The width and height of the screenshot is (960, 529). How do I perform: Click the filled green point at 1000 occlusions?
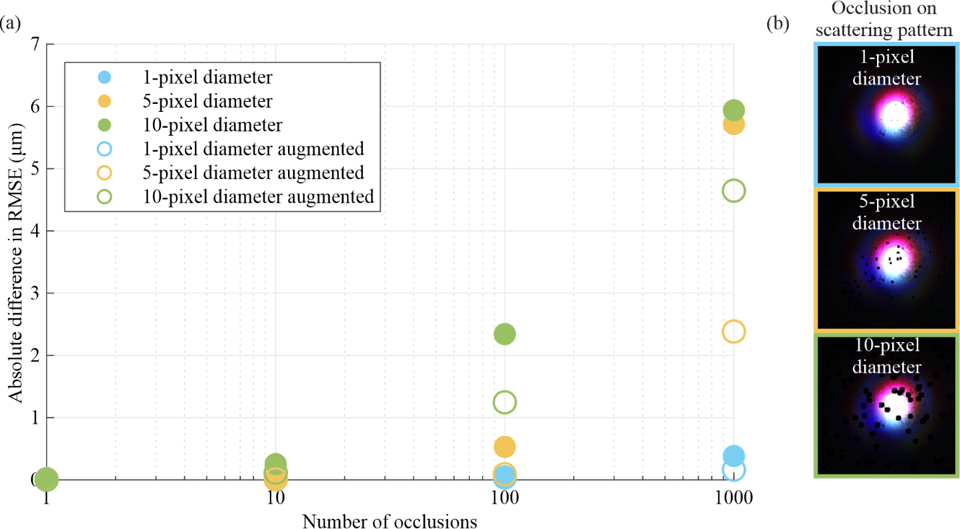tap(733, 110)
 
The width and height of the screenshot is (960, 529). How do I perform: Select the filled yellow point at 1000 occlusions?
tap(733, 125)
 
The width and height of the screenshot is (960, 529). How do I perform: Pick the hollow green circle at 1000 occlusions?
tap(733, 191)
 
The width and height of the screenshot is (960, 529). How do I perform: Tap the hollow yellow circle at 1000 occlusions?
tap(733, 332)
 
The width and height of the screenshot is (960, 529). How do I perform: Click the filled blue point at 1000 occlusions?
tap(733, 456)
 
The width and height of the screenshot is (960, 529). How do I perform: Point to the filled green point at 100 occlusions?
tap(505, 334)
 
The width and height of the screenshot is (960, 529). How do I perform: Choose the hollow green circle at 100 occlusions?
tap(505, 402)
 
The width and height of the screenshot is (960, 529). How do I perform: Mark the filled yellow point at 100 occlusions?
tap(505, 447)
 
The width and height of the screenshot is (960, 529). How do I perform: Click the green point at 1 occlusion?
tap(47, 478)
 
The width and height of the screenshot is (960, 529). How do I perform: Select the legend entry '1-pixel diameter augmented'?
tap(253, 149)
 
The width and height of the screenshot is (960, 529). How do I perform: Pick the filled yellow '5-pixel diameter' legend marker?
tap(104, 101)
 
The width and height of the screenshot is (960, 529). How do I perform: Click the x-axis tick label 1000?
tap(733, 499)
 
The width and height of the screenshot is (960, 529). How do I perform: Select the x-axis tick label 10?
tap(275, 499)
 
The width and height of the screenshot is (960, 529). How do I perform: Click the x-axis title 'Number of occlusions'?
tap(389, 521)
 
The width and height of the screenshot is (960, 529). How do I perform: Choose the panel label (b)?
tap(777, 24)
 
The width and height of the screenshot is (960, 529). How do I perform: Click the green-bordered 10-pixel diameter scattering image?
tap(886, 404)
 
